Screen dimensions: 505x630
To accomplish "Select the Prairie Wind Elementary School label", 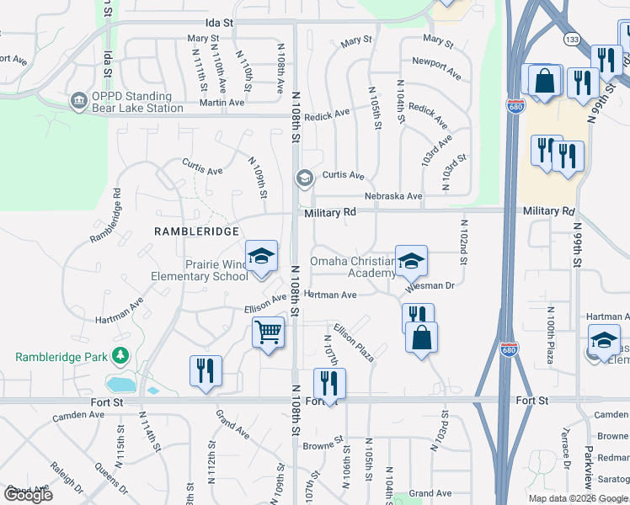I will tap(200, 270).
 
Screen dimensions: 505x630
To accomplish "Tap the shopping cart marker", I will tap(268, 332).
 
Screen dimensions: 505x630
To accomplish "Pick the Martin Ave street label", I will tap(222, 103).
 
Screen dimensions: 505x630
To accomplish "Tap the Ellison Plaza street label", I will tap(353, 343).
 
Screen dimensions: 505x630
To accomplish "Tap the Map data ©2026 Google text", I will tap(577, 498).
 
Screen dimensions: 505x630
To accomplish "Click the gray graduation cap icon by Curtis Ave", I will tap(303, 178).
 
